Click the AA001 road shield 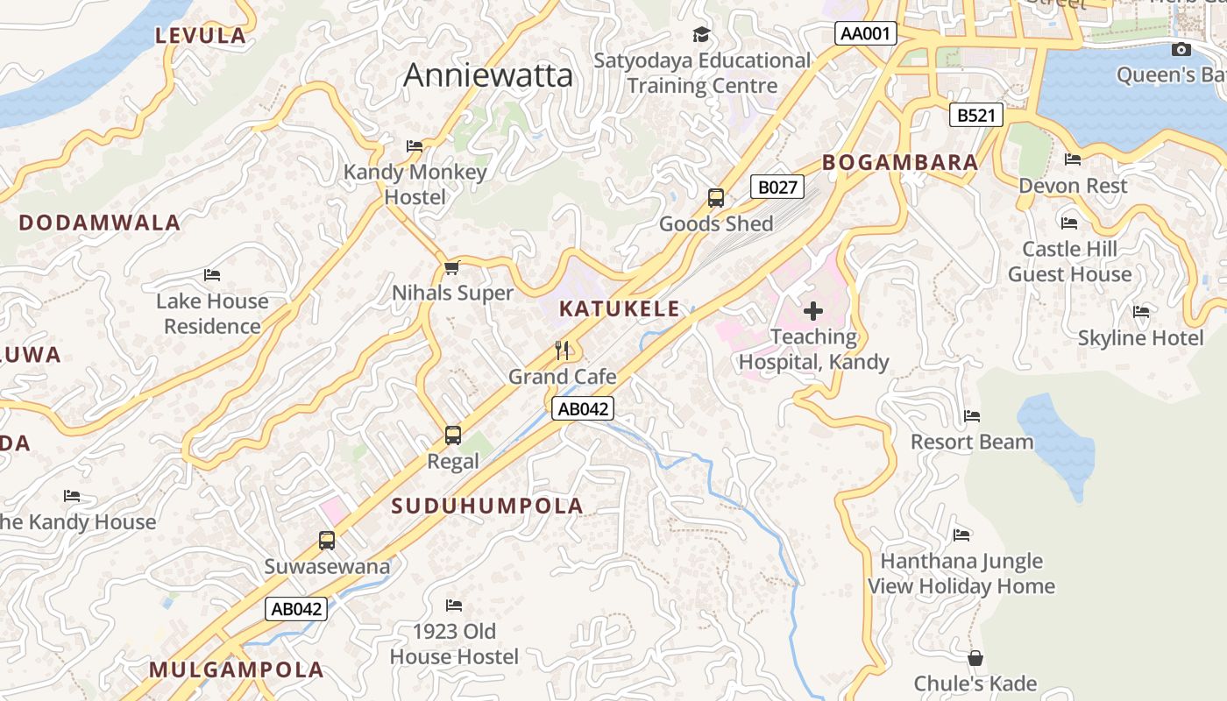tap(865, 34)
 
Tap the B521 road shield tap(976, 115)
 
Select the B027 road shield tap(777, 187)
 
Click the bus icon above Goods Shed tap(716, 198)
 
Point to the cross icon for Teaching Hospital tap(813, 310)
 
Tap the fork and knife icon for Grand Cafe tap(563, 350)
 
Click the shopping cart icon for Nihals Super tap(452, 267)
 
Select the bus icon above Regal tap(453, 435)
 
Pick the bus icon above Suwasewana tap(327, 540)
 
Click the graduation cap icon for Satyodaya tap(701, 35)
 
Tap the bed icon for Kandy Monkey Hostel tap(415, 146)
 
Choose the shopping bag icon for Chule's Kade tap(975, 658)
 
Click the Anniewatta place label tap(488, 75)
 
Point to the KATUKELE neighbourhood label tap(620, 308)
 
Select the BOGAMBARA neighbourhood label tap(900, 162)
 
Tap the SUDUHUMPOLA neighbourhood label tap(487, 506)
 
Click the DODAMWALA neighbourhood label tap(100, 223)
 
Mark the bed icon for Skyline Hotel tap(1141, 312)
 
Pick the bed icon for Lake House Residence tap(212, 275)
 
